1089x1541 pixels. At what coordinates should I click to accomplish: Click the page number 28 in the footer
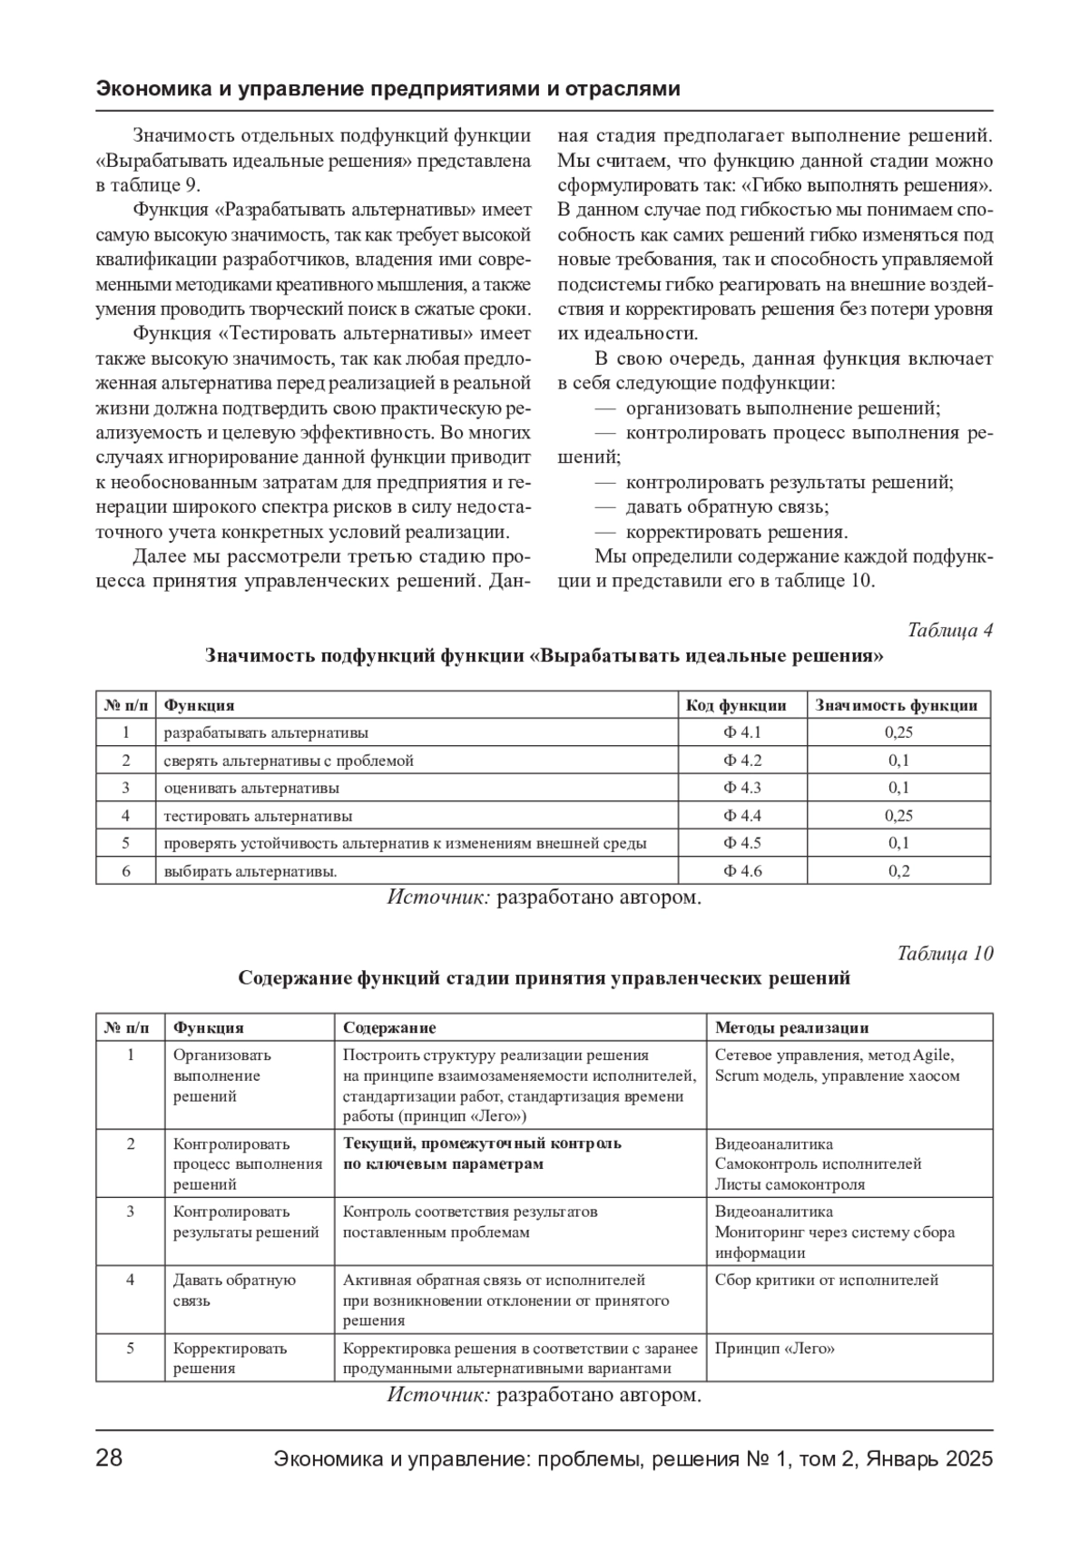tap(109, 1459)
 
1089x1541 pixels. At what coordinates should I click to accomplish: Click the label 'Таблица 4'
tap(950, 630)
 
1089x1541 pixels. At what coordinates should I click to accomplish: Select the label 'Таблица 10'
tap(945, 954)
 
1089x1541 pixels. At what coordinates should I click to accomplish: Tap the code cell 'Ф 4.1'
tap(741, 732)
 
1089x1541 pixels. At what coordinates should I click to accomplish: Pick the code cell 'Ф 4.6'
tap(741, 871)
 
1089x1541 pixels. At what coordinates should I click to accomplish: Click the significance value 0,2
tap(898, 871)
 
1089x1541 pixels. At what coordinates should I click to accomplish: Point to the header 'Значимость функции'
tap(897, 705)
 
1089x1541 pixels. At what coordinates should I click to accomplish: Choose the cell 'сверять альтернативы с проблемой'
tap(289, 761)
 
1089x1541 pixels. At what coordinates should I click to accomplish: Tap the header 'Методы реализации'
tap(791, 1028)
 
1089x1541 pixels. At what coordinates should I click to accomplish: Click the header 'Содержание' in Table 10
tap(389, 1028)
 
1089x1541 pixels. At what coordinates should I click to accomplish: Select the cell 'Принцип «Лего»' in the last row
tap(774, 1349)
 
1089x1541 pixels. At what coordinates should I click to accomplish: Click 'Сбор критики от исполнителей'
tap(826, 1281)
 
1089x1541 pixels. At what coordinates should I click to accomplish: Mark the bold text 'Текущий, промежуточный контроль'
tap(482, 1143)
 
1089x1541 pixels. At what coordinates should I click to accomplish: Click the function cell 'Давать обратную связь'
tap(234, 1291)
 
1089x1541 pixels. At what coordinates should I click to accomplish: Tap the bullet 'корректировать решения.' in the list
tap(736, 533)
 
